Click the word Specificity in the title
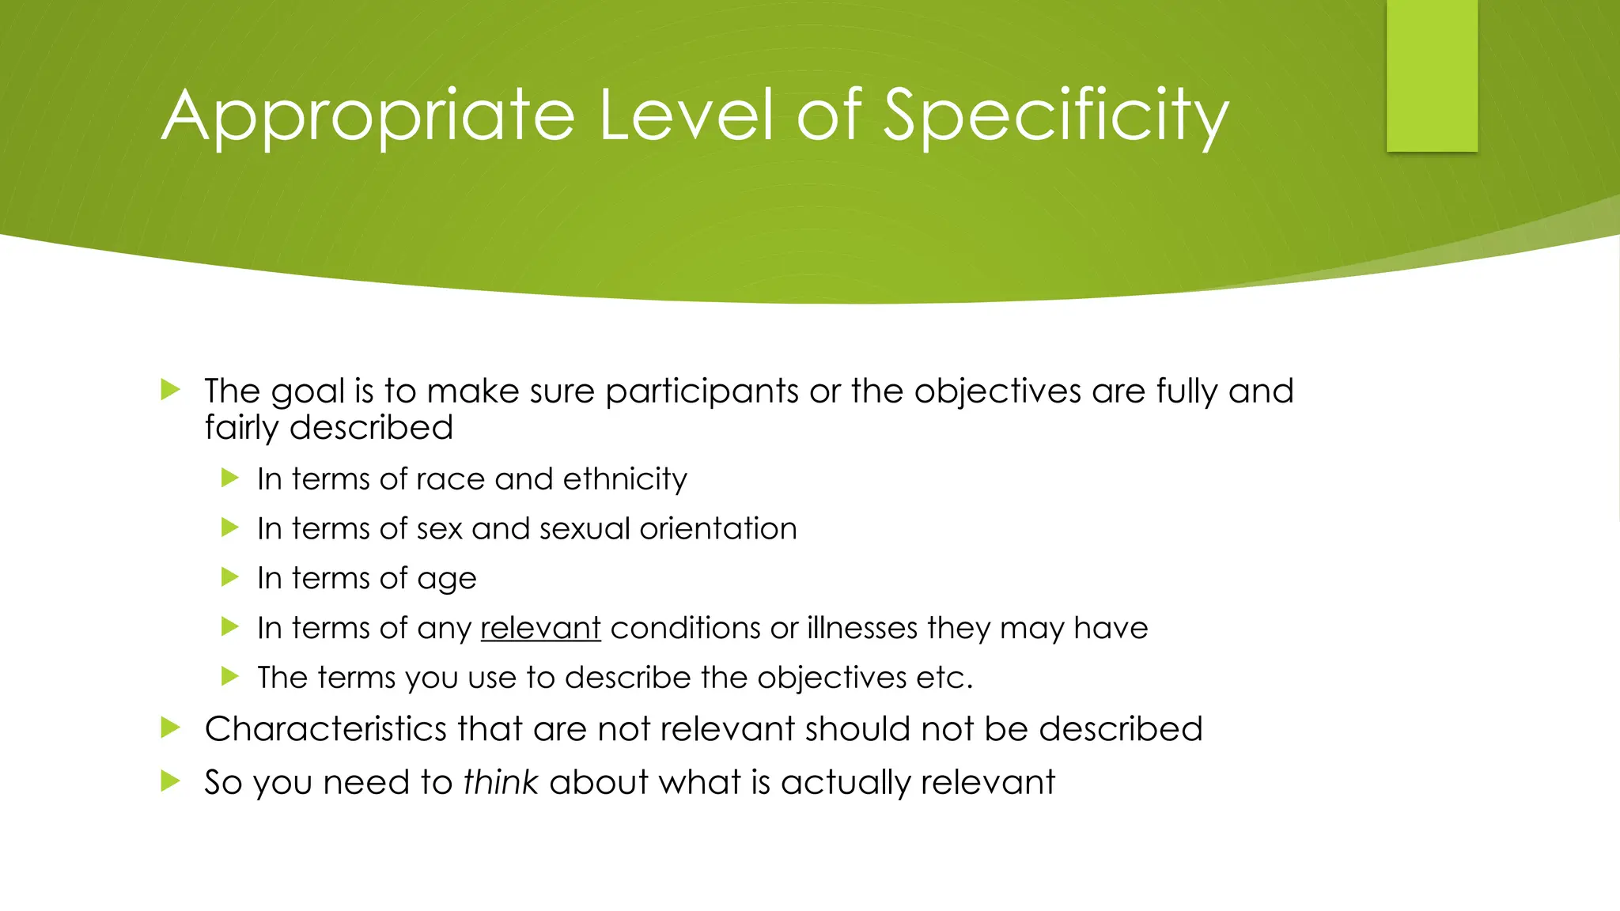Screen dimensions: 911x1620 coord(1055,116)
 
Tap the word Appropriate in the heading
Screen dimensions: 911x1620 coord(368,116)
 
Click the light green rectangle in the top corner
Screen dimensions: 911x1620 coord(1432,75)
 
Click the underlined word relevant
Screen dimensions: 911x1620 coord(540,628)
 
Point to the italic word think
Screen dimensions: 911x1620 coord(500,782)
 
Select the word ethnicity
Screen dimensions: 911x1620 coord(625,479)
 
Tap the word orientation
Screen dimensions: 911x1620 coord(717,529)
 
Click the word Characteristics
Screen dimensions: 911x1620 coord(325,728)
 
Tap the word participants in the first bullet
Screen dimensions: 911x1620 coord(702,391)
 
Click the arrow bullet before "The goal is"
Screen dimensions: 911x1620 coord(170,389)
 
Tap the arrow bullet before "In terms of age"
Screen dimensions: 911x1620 coord(230,576)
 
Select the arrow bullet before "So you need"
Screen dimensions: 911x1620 coord(170,781)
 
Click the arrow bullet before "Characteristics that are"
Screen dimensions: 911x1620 coord(170,728)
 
